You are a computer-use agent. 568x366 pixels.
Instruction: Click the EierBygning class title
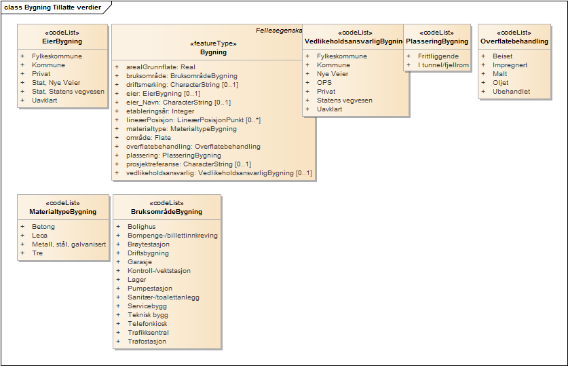[62, 41]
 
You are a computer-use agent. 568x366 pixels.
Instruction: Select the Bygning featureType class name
[214, 52]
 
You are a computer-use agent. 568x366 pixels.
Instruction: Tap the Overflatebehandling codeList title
[514, 41]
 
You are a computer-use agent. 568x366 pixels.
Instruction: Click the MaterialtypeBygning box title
[62, 212]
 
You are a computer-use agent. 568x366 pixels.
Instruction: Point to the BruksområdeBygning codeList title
[166, 212]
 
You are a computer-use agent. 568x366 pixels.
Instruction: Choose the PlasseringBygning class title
[437, 41]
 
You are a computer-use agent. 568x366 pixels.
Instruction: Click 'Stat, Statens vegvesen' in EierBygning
[68, 92]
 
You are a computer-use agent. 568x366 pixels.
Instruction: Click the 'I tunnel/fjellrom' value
[443, 65]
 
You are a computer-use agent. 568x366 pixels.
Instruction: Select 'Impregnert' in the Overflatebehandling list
[510, 65]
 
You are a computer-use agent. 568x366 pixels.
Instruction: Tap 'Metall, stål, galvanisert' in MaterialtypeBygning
[69, 244]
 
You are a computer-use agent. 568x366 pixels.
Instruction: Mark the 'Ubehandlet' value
[511, 92]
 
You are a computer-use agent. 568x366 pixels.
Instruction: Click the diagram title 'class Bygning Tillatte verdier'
[53, 7]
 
